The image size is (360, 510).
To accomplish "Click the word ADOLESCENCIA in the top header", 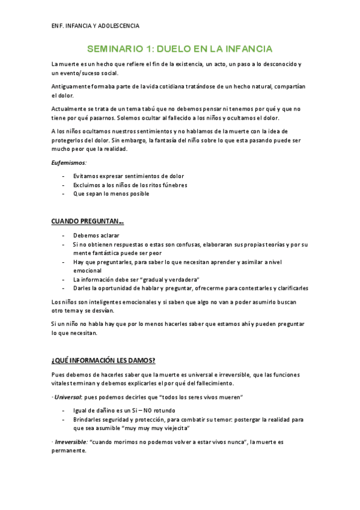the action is coord(118,26).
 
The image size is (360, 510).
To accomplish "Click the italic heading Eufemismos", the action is coord(69,162).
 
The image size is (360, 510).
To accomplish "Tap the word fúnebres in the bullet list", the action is coord(171,185).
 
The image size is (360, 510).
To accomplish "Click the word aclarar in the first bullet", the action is coord(109,236).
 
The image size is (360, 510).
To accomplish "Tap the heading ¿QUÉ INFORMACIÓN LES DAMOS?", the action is coord(103,360).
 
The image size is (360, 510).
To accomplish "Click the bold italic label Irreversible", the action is coord(70,442).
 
